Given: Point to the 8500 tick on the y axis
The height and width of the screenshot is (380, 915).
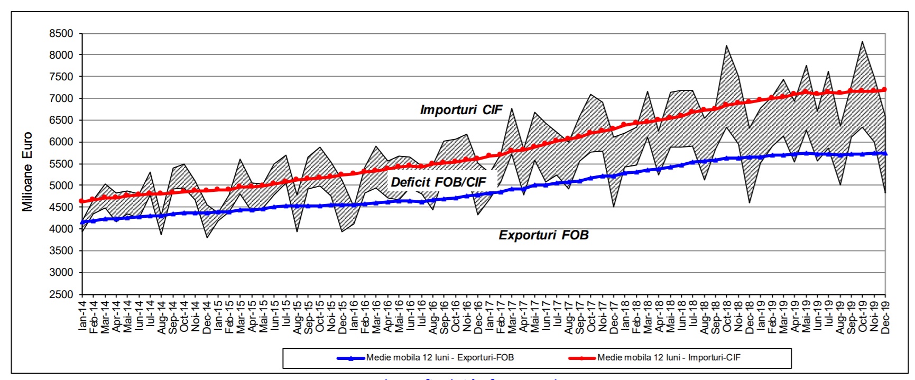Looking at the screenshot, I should click(x=61, y=33).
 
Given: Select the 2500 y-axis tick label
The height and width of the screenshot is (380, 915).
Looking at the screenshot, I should click(x=61, y=294).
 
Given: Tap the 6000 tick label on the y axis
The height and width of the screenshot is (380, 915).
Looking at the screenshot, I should click(x=61, y=142).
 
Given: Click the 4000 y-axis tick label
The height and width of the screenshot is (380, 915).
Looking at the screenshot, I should click(x=61, y=229).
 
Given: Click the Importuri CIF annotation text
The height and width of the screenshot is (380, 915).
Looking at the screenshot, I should click(x=461, y=110).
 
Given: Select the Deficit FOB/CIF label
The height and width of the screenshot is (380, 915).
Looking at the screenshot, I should click(x=438, y=182).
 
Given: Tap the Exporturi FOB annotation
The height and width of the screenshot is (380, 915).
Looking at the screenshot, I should click(x=543, y=235).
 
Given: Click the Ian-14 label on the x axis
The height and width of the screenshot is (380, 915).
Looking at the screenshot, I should click(x=82, y=316).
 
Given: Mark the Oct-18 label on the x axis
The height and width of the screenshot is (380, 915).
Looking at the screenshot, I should click(x=727, y=316).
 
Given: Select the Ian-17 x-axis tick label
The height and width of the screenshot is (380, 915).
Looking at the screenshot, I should click(x=489, y=316).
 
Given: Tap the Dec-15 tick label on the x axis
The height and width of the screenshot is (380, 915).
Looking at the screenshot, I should click(x=343, y=316).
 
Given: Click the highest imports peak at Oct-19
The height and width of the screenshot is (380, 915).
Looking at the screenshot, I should click(x=863, y=41).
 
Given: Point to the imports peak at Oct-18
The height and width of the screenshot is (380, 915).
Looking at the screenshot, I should click(x=727, y=45).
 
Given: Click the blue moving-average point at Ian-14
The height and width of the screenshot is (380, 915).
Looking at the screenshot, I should click(x=82, y=223).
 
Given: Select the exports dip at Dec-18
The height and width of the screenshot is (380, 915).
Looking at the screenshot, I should click(x=750, y=202).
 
